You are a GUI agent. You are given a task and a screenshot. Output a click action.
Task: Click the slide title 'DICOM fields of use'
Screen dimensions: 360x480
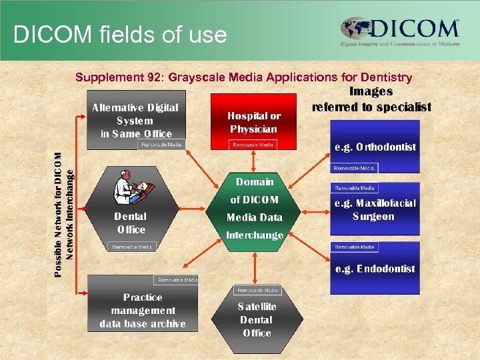pyautogui.click(x=120, y=34)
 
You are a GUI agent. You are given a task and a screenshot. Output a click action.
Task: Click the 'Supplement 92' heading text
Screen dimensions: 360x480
pyautogui.click(x=243, y=77)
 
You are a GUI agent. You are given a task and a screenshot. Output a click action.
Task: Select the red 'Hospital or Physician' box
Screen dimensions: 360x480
pyautogui.click(x=254, y=121)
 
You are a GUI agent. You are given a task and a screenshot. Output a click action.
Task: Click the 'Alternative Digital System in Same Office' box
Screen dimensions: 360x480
pyautogui.click(x=135, y=120)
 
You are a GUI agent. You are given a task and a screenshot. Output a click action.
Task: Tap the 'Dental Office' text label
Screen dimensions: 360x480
pyautogui.click(x=131, y=223)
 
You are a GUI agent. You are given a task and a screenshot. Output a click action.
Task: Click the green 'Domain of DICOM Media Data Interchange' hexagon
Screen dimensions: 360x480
pyautogui.click(x=255, y=208)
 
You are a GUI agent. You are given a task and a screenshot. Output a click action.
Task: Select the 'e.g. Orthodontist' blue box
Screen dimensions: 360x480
pyautogui.click(x=375, y=147)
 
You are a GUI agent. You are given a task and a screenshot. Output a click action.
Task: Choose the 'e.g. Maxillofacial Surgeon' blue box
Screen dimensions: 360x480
pyautogui.click(x=375, y=209)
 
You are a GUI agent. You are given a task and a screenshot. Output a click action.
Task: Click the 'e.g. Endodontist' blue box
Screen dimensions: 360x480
pyautogui.click(x=375, y=269)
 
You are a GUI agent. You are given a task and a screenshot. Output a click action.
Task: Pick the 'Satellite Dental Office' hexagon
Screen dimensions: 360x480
pyautogui.click(x=257, y=320)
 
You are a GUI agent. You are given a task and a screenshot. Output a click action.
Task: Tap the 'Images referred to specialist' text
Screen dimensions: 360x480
pyautogui.click(x=371, y=99)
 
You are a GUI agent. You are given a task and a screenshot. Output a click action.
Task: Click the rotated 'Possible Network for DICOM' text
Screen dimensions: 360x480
pyautogui.click(x=58, y=214)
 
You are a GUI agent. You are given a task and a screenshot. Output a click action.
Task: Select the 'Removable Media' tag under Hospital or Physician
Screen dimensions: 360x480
pyautogui.click(x=253, y=145)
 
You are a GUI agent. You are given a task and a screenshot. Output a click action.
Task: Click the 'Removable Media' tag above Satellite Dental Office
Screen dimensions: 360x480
pyautogui.click(x=257, y=290)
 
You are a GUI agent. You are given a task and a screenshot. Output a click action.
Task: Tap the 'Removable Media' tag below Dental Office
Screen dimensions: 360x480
pyautogui.click(x=131, y=247)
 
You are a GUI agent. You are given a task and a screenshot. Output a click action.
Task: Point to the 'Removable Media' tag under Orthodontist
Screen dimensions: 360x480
pyautogui.click(x=354, y=168)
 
